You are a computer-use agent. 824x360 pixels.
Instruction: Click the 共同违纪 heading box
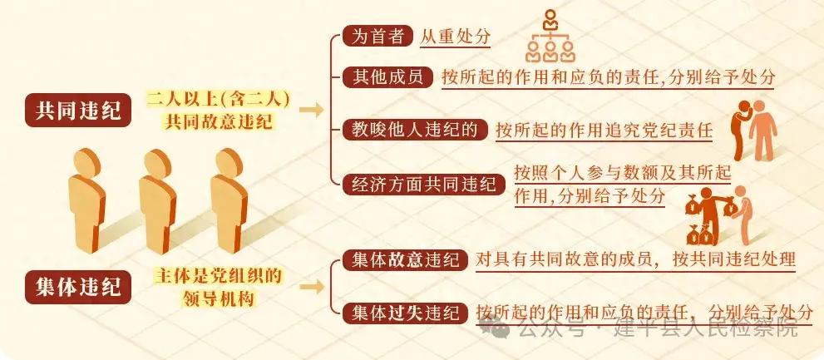coord(78,110)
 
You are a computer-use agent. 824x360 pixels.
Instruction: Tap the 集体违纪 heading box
coord(78,287)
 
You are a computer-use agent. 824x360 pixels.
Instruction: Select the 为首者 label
coord(377,36)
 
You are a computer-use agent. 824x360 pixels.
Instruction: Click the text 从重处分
coord(455,37)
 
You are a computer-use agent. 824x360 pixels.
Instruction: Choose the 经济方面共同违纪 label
coord(424,185)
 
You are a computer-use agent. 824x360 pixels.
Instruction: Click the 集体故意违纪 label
coord(405,259)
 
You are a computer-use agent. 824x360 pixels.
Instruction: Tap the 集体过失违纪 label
coord(405,313)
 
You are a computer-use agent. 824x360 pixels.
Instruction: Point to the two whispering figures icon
coord(754,130)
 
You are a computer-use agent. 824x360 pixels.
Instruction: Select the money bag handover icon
coord(719,215)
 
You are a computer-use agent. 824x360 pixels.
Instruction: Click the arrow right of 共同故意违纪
coord(311,110)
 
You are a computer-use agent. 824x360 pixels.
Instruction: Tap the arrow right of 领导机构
coord(311,287)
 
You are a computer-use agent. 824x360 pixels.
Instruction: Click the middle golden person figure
coord(158,201)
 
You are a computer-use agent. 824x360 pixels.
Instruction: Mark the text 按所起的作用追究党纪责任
coord(604,131)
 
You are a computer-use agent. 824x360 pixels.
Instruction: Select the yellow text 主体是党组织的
coord(218,276)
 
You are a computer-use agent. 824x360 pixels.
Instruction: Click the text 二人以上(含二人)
coord(218,99)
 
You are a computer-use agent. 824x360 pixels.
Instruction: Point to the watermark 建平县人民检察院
coord(698,329)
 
